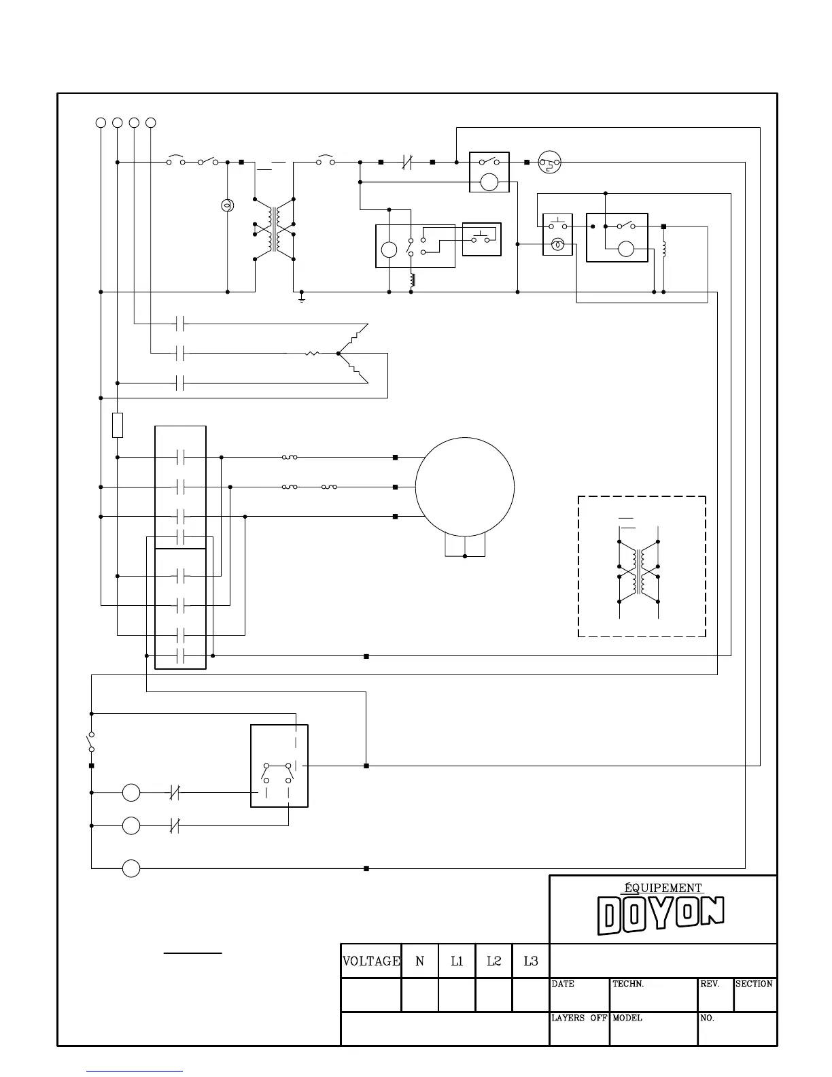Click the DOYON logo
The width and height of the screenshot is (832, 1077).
[x=661, y=914]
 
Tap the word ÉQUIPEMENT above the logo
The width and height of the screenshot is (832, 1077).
[x=663, y=887]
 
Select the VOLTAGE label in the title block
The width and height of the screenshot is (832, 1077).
[x=371, y=961]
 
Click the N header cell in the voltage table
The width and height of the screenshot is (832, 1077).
[x=420, y=961]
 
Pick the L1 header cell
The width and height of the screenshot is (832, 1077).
[x=457, y=961]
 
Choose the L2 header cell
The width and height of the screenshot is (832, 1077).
[x=493, y=961]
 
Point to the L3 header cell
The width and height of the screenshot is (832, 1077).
[x=531, y=961]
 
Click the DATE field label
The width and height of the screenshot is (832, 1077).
[x=563, y=984]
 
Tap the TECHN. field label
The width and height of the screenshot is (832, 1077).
[x=628, y=984]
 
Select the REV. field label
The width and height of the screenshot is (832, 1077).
[x=710, y=984]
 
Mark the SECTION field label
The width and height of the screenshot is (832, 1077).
[x=754, y=984]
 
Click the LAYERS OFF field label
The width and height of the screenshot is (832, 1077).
[x=578, y=1018]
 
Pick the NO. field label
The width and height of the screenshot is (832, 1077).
[x=707, y=1018]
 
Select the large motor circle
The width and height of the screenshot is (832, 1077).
[x=465, y=487]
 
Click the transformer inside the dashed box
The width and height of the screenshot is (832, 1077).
[x=639, y=571]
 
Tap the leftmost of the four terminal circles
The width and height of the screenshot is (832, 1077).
[x=101, y=122]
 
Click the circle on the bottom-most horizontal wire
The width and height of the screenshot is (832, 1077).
[x=131, y=868]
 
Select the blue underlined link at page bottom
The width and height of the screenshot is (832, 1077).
[x=135, y=1072]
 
